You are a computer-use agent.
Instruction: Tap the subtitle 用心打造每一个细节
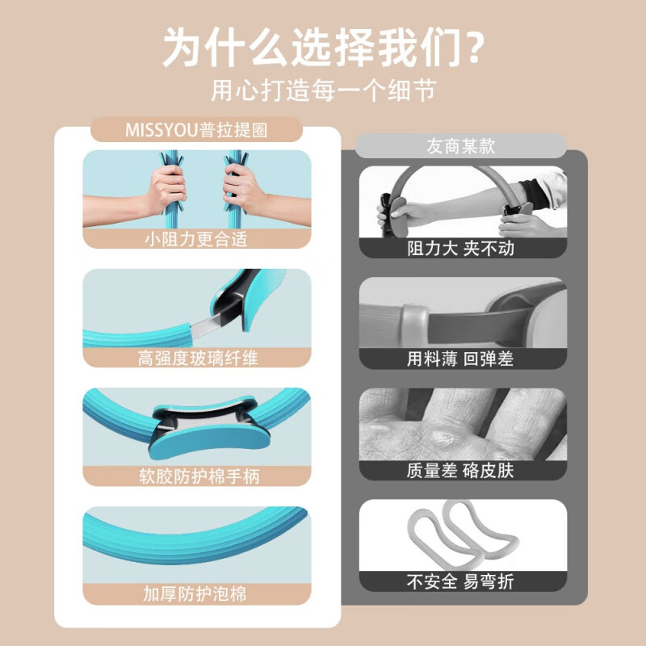click(x=323, y=89)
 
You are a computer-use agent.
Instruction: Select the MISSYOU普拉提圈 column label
click(x=196, y=130)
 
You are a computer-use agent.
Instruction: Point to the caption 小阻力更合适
click(x=196, y=239)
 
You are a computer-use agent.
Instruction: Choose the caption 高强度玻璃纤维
click(x=197, y=358)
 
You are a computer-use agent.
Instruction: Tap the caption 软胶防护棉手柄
click(x=197, y=476)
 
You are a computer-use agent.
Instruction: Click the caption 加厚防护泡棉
click(x=196, y=595)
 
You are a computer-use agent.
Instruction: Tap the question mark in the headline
click(x=472, y=48)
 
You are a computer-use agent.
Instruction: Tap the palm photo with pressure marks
click(x=462, y=425)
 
